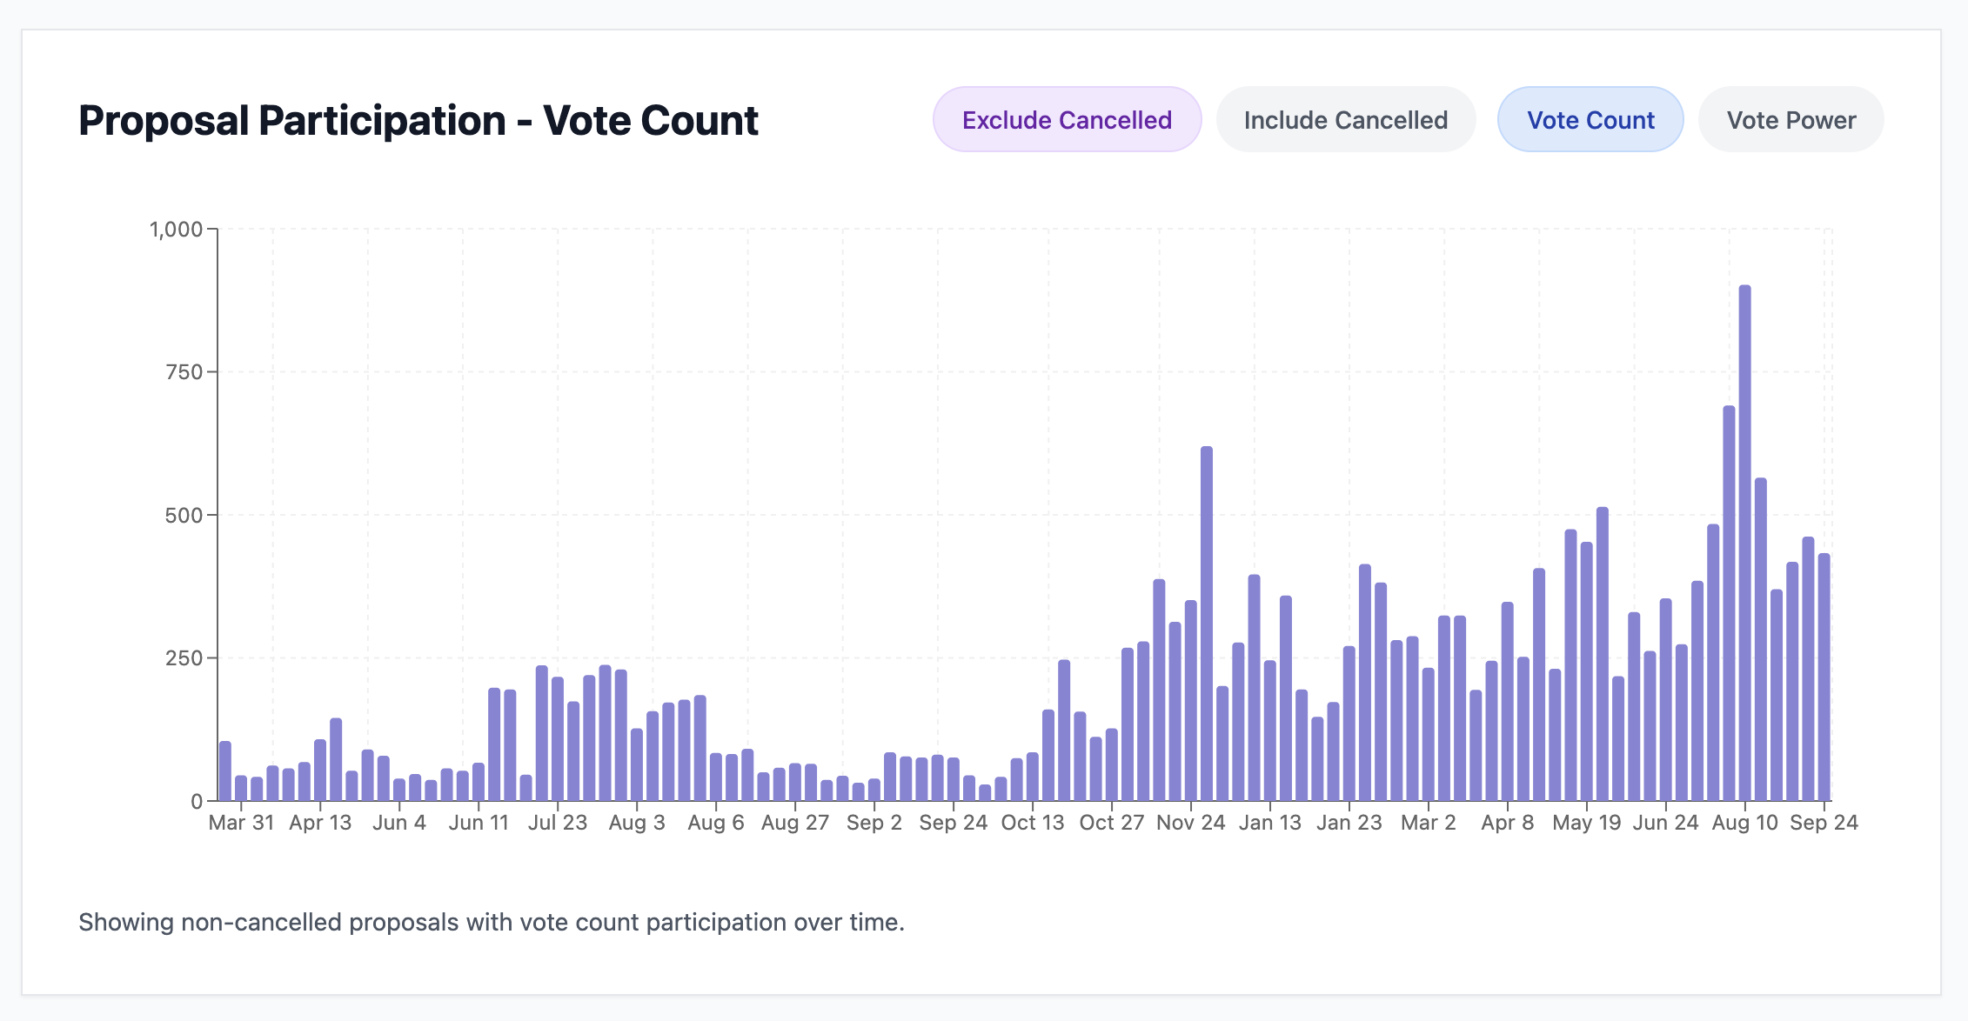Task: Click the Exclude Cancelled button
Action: click(1067, 120)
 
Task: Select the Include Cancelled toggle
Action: click(1345, 120)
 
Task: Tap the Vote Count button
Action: click(1590, 120)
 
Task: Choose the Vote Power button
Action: click(1791, 120)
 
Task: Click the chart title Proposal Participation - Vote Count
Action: click(418, 120)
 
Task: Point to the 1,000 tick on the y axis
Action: click(176, 230)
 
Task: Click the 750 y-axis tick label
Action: click(184, 372)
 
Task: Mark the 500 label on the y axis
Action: click(184, 516)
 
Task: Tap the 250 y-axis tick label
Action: click(184, 658)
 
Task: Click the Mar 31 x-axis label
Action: click(241, 823)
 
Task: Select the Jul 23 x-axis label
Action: click(558, 823)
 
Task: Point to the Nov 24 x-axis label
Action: click(1190, 823)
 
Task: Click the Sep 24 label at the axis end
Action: click(1824, 823)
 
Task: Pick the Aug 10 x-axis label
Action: click(1744, 823)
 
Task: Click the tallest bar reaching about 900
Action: click(1744, 544)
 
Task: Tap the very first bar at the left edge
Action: click(225, 771)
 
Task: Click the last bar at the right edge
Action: click(1824, 677)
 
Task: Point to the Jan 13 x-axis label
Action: click(1269, 823)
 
